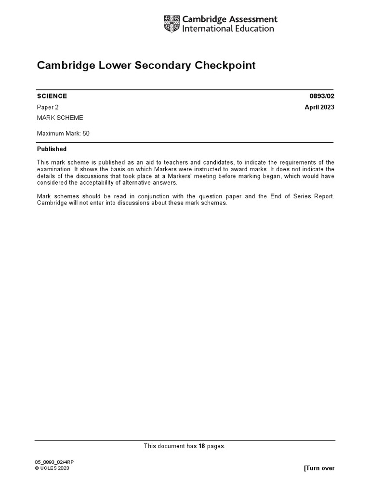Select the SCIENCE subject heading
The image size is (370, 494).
tap(52, 96)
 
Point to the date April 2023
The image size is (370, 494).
tap(319, 107)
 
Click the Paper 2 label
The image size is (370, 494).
tap(48, 107)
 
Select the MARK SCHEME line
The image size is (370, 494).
tap(60, 118)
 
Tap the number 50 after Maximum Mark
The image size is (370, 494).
tap(86, 133)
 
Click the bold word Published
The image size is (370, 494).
tap(52, 149)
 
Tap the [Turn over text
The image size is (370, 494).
tap(319, 468)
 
